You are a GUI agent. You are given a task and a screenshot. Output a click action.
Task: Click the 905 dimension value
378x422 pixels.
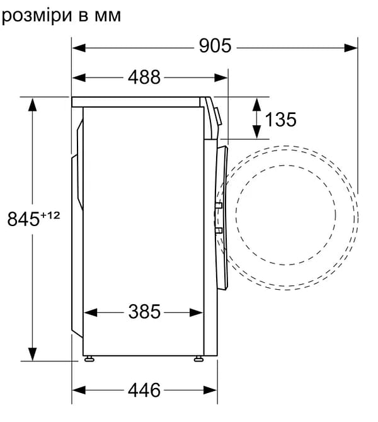(215, 46)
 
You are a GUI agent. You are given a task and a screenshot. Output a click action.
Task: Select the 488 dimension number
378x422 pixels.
(144, 77)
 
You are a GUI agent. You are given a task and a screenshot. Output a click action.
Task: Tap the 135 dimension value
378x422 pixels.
(280, 118)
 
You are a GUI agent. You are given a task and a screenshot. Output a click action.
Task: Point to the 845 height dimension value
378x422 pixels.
(23, 219)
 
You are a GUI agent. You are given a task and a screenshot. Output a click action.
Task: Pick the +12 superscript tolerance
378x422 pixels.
(50, 215)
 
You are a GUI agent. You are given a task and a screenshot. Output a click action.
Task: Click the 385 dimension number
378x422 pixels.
(144, 311)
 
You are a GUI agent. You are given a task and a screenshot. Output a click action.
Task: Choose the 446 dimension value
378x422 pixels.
(144, 391)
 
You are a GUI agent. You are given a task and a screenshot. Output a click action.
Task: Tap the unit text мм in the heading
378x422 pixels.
(105, 15)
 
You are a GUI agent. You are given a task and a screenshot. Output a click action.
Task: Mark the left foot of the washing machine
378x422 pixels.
(89, 360)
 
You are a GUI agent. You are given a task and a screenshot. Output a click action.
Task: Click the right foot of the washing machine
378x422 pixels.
(198, 360)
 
